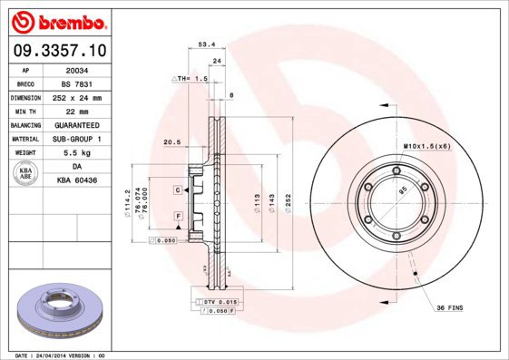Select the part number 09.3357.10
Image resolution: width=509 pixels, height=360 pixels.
click(57, 52)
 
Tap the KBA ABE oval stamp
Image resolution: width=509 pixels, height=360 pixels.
click(26, 174)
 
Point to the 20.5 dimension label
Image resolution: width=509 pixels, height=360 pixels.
click(171, 141)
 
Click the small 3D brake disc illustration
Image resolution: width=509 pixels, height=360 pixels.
click(57, 310)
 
